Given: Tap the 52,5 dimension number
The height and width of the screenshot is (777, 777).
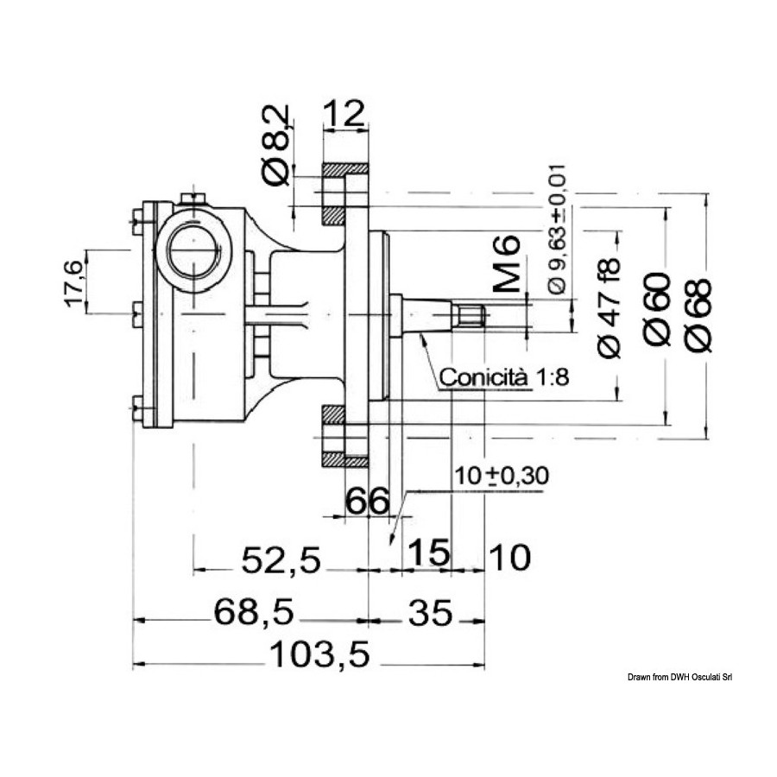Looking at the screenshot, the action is pyautogui.click(x=281, y=560).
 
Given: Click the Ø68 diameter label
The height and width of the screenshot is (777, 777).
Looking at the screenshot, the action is pyautogui.click(x=698, y=316).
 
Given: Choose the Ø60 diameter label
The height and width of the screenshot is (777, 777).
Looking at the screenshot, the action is pyautogui.click(x=657, y=309).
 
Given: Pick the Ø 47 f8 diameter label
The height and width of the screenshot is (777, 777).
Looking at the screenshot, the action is pyautogui.click(x=610, y=307).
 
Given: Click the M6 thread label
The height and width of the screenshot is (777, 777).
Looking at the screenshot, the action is pyautogui.click(x=507, y=263).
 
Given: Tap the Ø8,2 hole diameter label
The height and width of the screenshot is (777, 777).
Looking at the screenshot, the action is pyautogui.click(x=275, y=146).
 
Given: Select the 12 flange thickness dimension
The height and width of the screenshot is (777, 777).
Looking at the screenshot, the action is pyautogui.click(x=344, y=113).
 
